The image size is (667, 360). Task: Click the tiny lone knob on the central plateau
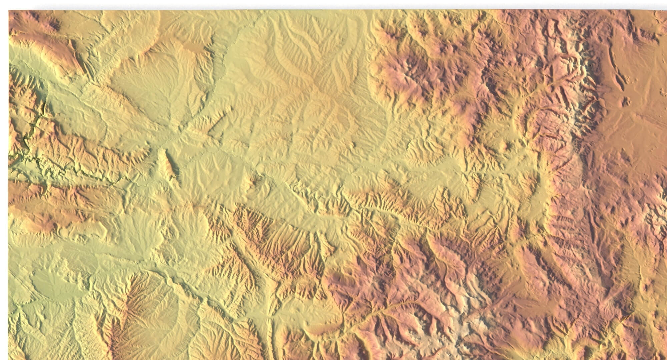(353, 145)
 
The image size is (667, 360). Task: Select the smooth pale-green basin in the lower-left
(50, 283)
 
